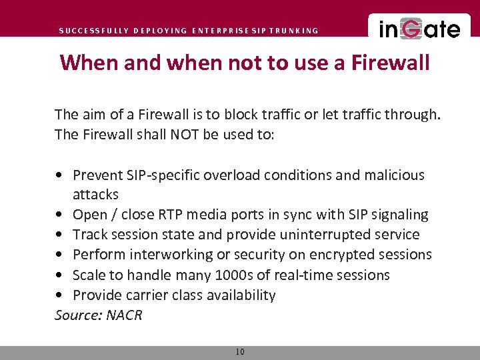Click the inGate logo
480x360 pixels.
point(419,29)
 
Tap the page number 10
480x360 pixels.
point(240,352)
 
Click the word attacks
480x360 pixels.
point(95,195)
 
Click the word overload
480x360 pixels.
point(233,175)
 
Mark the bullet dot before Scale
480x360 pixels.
point(61,275)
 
